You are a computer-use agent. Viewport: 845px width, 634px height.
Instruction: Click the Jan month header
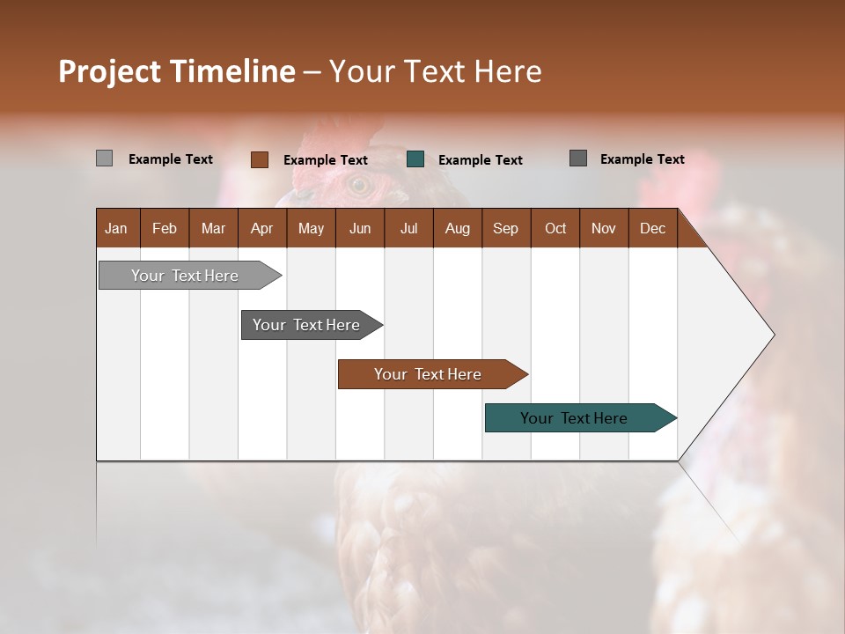coord(116,228)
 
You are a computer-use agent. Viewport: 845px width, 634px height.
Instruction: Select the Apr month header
coord(261,228)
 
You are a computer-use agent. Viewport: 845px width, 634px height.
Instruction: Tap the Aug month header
coord(457,228)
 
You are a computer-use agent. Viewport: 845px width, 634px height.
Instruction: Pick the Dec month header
coord(652,228)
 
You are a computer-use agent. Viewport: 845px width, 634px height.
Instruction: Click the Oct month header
coord(555,228)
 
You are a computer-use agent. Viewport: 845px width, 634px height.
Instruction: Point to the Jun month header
coord(359,228)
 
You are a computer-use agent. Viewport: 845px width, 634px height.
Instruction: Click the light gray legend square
coord(104,158)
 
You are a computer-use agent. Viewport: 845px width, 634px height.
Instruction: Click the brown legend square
coord(259,159)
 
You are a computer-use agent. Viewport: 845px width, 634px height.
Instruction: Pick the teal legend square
coord(415,159)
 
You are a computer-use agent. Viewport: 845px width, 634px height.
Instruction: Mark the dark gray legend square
coord(577,158)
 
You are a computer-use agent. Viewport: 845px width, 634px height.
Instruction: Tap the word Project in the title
coord(110,71)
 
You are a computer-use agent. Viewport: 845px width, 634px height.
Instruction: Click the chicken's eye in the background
coord(358,185)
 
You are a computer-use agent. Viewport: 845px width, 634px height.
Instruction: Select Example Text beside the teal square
coord(480,160)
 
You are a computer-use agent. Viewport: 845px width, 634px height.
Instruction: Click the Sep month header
coord(505,228)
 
